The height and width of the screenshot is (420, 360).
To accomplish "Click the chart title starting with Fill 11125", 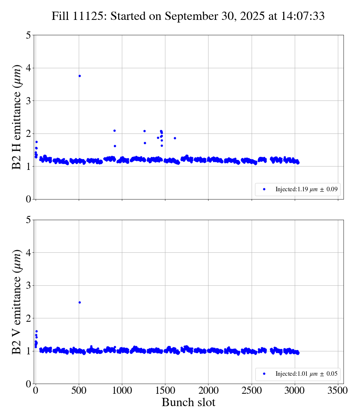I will [x=188, y=16].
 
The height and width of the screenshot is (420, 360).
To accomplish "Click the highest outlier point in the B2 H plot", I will [x=79, y=76].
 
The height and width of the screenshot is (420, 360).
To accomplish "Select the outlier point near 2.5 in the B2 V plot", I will [x=79, y=302].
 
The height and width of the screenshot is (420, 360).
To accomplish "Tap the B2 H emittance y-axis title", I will [x=17, y=117].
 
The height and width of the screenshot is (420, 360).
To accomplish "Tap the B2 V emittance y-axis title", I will [x=17, y=301].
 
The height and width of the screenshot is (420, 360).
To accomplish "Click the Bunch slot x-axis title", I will [x=188, y=402].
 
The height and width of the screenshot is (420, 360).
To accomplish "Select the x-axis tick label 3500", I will [x=338, y=390].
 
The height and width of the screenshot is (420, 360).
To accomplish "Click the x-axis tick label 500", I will [x=79, y=390].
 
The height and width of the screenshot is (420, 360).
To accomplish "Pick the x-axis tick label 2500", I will [x=252, y=390].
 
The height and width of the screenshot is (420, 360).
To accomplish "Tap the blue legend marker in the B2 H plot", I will [x=264, y=189].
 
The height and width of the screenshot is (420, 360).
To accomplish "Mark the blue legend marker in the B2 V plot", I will [x=264, y=374].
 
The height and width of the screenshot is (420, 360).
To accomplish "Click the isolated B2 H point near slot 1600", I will [x=175, y=138].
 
